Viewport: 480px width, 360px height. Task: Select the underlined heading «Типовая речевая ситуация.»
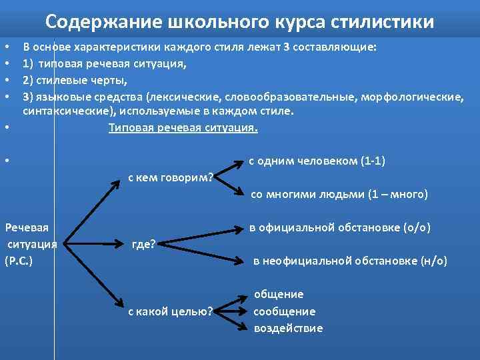click(183, 127)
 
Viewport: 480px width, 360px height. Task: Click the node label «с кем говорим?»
click(170, 177)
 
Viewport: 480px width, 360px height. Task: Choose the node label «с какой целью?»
click(170, 311)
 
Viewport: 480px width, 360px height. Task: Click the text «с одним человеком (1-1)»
click(317, 161)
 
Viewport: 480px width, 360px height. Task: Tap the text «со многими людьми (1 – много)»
click(339, 195)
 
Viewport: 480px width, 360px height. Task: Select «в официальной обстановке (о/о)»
click(340, 227)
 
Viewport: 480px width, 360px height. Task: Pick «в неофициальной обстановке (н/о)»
click(350, 261)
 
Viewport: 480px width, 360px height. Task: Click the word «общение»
click(278, 294)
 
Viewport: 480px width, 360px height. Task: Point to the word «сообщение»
click(284, 311)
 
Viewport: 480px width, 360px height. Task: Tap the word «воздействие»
click(288, 328)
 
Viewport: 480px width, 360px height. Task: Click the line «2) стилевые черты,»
click(75, 81)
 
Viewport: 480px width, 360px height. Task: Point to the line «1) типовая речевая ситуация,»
click(104, 64)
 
